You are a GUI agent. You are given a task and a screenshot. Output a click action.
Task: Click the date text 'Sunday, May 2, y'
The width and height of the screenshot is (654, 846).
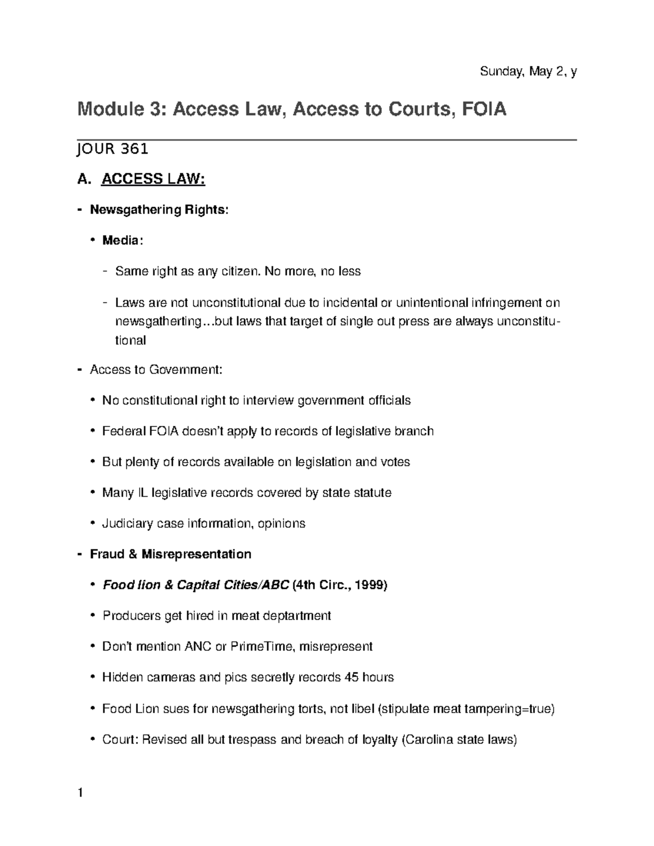click(x=528, y=71)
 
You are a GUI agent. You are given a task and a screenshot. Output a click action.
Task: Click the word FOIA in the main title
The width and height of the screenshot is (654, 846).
click(x=484, y=109)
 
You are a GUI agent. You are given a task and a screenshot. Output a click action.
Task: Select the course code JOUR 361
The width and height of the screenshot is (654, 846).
click(x=112, y=149)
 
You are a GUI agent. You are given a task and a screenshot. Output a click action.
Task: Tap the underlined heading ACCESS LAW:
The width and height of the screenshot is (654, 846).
click(x=153, y=179)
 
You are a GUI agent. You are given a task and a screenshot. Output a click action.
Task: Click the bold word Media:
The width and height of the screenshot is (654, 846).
click(x=123, y=240)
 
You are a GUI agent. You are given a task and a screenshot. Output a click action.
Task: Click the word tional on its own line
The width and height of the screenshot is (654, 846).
click(x=130, y=340)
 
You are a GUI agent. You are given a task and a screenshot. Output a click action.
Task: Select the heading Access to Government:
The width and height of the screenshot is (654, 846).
click(x=156, y=370)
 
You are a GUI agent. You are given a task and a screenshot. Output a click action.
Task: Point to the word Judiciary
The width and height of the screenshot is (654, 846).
click(x=128, y=524)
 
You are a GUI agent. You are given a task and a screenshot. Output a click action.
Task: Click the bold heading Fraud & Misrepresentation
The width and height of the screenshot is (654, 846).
click(x=171, y=555)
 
